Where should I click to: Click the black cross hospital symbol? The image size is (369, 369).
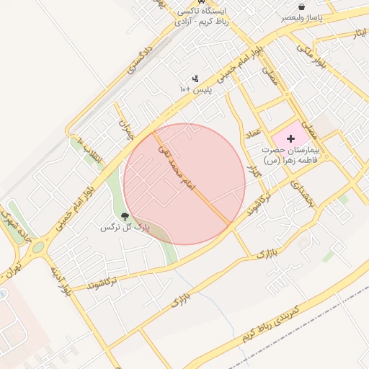pyautogui.click(x=291, y=138)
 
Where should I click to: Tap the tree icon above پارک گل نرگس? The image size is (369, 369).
pyautogui.click(x=125, y=216)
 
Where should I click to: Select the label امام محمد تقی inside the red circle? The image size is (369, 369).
pyautogui.click(x=177, y=166)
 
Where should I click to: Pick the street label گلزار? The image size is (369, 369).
pyautogui.click(x=252, y=172)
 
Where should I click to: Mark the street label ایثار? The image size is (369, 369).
pyautogui.click(x=357, y=33)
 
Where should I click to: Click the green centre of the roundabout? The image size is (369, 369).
pyautogui.click(x=37, y=247)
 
